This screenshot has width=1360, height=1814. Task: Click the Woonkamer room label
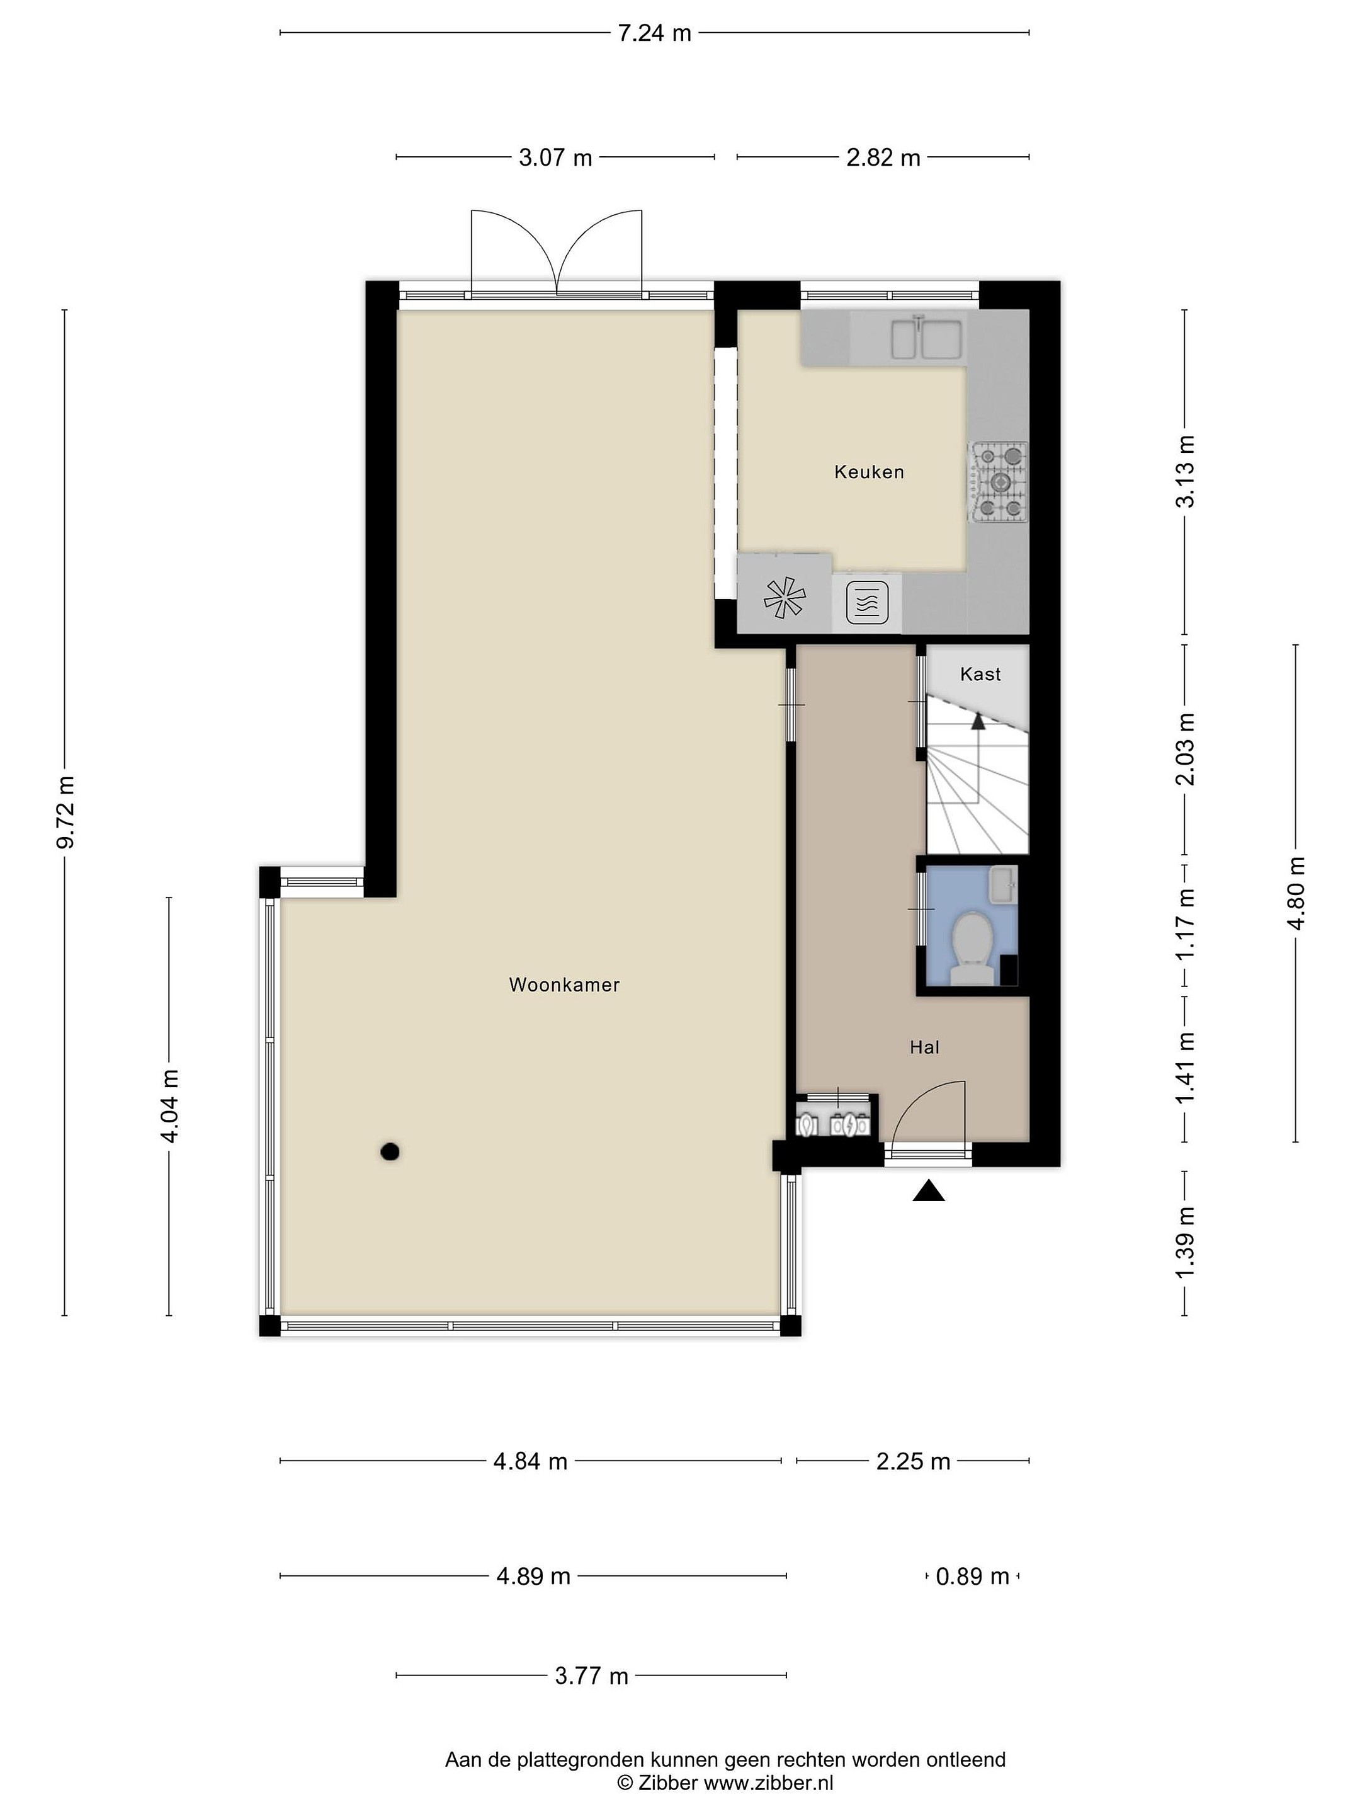click(564, 985)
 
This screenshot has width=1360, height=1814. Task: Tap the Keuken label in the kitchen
click(869, 472)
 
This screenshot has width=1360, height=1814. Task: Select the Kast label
click(980, 674)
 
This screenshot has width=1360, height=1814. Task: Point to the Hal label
click(924, 1047)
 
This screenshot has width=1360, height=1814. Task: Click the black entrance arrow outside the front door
click(929, 1190)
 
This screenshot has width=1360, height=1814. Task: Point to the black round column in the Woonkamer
click(390, 1152)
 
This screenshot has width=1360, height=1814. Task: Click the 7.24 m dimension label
click(654, 33)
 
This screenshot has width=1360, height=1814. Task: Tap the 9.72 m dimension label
click(65, 812)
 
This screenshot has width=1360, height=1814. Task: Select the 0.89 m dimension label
click(972, 1576)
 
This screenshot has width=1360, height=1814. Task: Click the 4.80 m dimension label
click(1296, 893)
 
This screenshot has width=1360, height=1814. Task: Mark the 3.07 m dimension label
click(555, 157)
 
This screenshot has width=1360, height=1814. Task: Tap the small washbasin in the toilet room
click(1002, 885)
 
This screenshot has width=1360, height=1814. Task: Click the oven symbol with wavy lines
click(866, 603)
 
